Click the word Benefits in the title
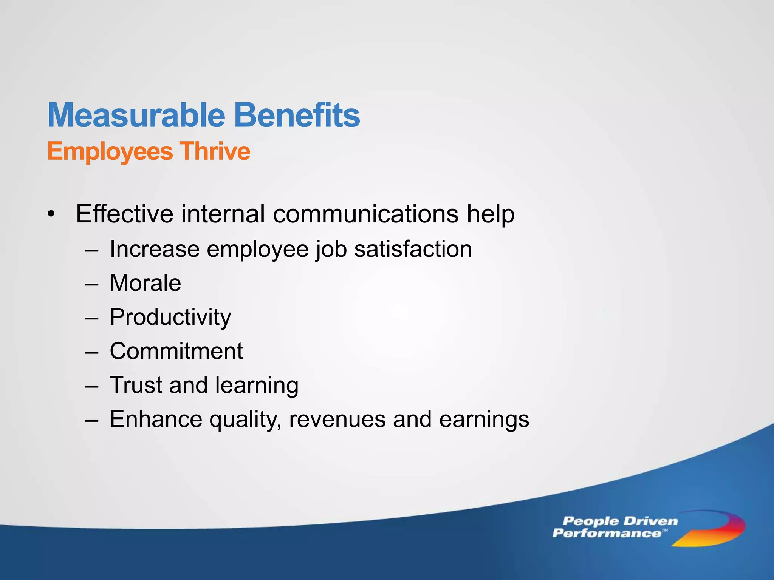click(297, 115)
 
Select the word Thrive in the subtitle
click(215, 151)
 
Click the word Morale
click(145, 283)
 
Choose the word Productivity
click(170, 317)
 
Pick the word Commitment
click(176, 351)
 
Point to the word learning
click(257, 386)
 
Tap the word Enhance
click(156, 419)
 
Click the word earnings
click(484, 420)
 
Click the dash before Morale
click(92, 284)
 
